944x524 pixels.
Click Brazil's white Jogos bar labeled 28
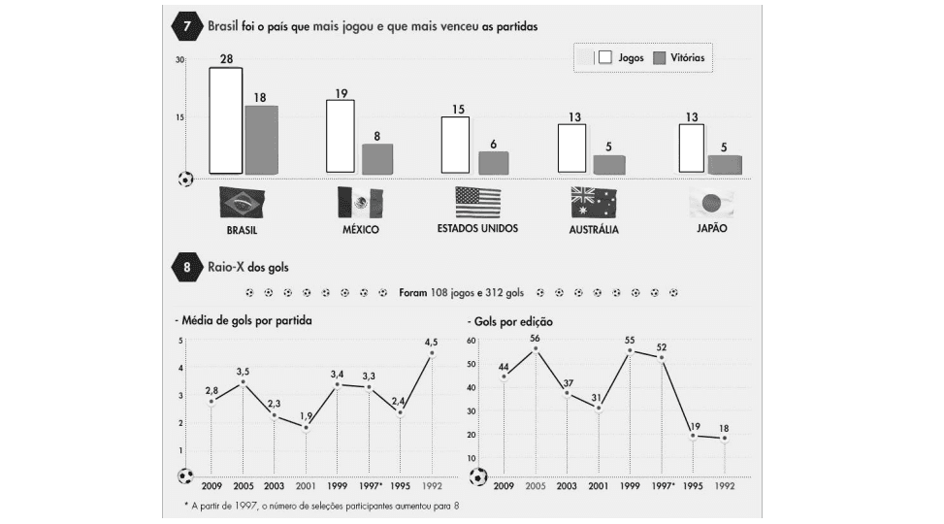click(x=226, y=121)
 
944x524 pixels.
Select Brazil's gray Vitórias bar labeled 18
click(x=261, y=140)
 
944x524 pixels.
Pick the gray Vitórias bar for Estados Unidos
click(x=494, y=162)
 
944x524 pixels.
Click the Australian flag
click(x=594, y=202)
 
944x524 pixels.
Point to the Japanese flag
click(x=710, y=203)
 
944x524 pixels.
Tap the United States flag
click(x=477, y=202)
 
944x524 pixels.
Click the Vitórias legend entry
click(x=678, y=58)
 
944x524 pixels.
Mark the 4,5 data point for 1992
click(x=432, y=354)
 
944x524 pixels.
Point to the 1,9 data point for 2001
click(x=306, y=427)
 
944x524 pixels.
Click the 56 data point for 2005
click(x=535, y=348)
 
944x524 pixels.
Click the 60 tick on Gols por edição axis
click(x=474, y=341)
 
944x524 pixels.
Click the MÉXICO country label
click(x=359, y=230)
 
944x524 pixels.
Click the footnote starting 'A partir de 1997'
click(x=320, y=506)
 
